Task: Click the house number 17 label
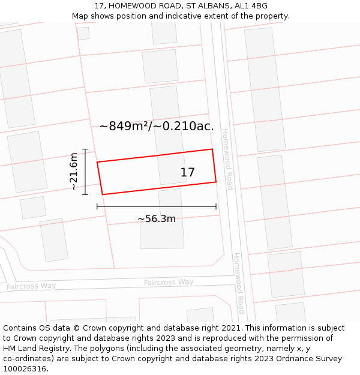click(187, 173)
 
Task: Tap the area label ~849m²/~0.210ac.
click(157, 126)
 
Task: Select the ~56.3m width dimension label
click(157, 219)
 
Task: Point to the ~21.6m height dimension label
click(73, 172)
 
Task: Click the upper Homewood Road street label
click(227, 159)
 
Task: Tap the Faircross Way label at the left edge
click(31, 286)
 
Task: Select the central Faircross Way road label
click(169, 282)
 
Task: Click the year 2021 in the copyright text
click(231, 328)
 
